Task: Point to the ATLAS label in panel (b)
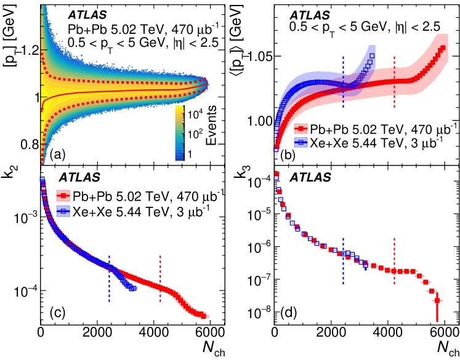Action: point(311,14)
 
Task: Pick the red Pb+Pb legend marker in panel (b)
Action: point(301,129)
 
